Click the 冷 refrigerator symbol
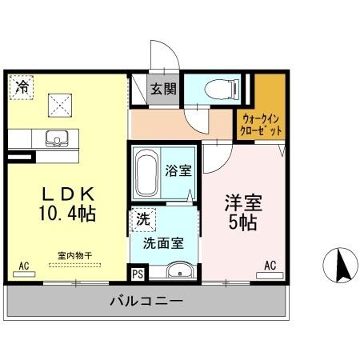pyautogui.click(x=23, y=86)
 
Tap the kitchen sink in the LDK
pyautogui.click(x=57, y=138)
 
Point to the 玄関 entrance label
pyautogui.click(x=165, y=87)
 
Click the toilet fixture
pyautogui.click(x=220, y=89)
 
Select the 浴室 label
pyautogui.click(x=177, y=170)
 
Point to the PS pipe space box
pyautogui.click(x=138, y=273)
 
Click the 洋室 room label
pyautogui.click(x=242, y=202)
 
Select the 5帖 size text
pyautogui.click(x=242, y=222)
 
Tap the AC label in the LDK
pyautogui.click(x=24, y=265)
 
